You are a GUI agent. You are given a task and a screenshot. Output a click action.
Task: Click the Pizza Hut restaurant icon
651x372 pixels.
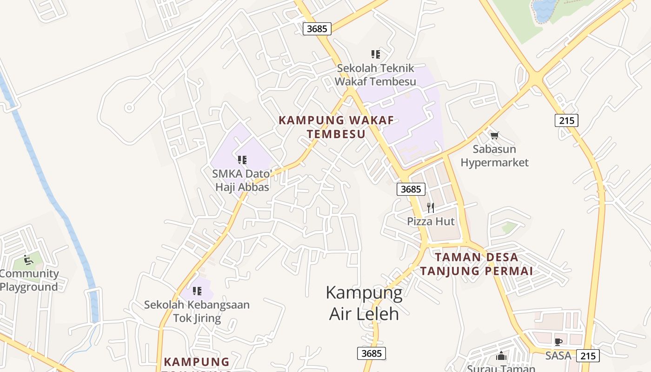pos(431,207)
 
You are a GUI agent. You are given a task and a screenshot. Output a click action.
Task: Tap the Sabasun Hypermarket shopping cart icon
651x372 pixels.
pos(494,136)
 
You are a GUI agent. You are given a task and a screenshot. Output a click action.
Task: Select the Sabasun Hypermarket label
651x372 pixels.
pos(494,156)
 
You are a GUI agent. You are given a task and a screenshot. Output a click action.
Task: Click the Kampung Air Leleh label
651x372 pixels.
pos(364,303)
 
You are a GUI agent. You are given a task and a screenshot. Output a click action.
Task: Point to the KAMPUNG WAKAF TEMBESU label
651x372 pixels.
pos(336,127)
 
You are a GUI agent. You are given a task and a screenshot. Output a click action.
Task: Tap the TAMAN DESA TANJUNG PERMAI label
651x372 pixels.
pos(477,264)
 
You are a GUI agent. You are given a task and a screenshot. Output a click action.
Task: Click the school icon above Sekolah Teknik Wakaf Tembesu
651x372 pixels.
pos(375,54)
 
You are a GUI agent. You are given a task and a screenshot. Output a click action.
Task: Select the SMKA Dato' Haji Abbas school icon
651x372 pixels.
pos(242,160)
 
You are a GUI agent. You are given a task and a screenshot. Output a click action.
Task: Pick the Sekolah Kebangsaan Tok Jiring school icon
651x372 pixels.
pos(197,291)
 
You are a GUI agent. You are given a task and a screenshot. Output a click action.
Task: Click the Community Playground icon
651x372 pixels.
pos(28,259)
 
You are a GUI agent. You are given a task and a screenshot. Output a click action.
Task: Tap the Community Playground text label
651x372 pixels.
pos(29,280)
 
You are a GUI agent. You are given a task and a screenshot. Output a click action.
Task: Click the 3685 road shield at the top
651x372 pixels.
pos(317,28)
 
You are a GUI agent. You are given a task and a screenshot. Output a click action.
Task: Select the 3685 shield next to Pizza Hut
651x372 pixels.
pos(411,189)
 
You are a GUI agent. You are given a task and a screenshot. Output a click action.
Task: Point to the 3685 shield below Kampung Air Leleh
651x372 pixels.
pos(372,353)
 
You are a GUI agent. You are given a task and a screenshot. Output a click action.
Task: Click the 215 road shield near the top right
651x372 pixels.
pos(566,120)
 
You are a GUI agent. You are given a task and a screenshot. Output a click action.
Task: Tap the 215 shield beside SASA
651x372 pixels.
pos(588,356)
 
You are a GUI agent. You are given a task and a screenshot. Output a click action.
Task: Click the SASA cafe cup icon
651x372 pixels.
pos(558,342)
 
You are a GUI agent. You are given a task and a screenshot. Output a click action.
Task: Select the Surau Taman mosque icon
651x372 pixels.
pos(501,356)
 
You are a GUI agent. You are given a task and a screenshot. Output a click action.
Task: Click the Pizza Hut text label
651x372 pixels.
pos(431,221)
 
